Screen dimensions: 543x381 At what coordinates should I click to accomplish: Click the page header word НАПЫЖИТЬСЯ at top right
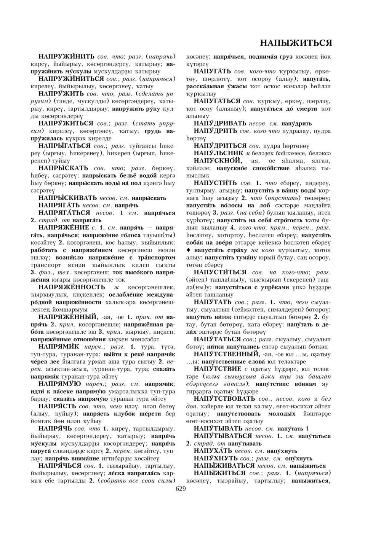(296, 42)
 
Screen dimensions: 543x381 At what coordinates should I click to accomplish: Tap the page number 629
(181, 489)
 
